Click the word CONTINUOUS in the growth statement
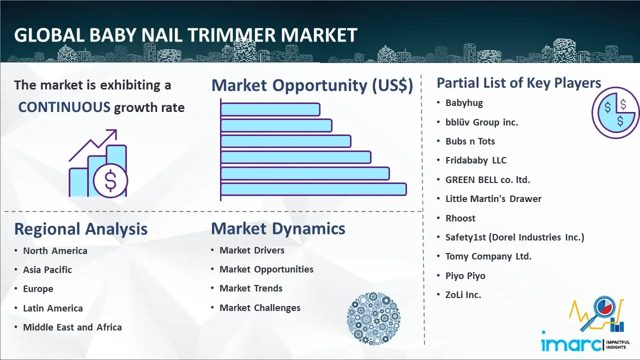click(x=64, y=107)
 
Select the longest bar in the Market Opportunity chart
click(x=313, y=189)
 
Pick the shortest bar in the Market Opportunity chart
click(x=270, y=109)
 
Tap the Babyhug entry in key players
click(x=464, y=103)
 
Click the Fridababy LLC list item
click(x=476, y=160)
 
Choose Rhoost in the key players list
click(x=460, y=218)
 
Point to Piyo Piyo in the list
click(x=465, y=275)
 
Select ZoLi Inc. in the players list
click(x=463, y=295)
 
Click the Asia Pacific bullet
click(x=47, y=269)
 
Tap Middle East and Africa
click(x=72, y=327)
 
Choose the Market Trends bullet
click(x=251, y=288)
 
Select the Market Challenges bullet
click(x=259, y=307)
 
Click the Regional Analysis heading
click(x=81, y=229)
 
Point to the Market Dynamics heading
click(x=278, y=228)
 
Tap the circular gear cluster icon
click(x=373, y=318)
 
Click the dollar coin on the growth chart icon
click(x=110, y=180)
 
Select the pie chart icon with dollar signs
click(x=615, y=113)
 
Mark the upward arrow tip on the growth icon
click(x=116, y=130)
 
